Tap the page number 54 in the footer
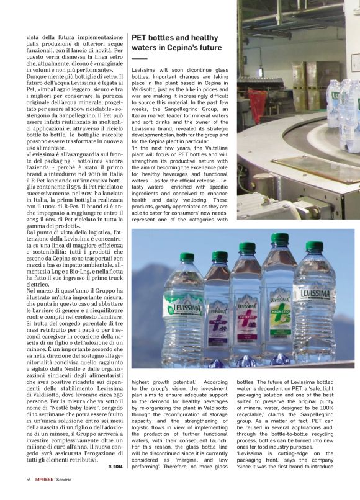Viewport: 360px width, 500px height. click(29, 479)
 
